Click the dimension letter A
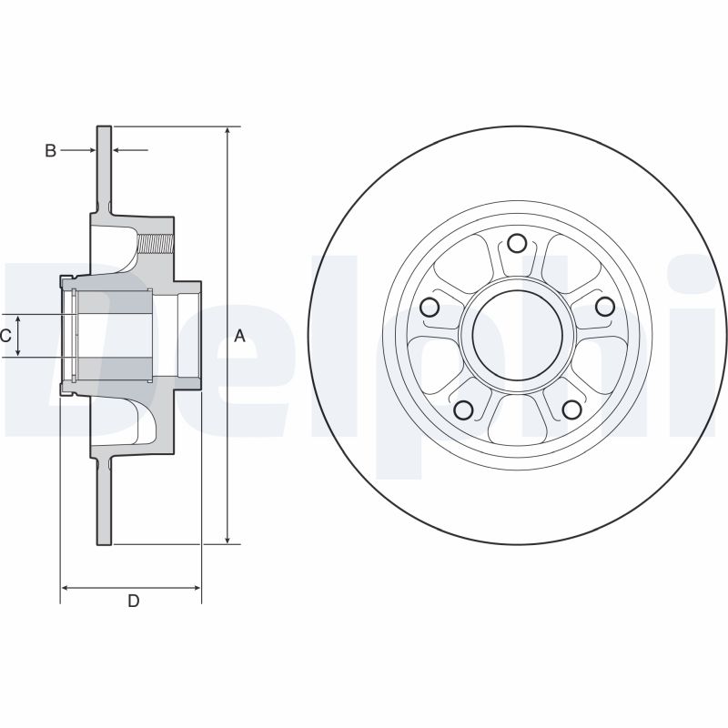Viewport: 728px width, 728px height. pos(240,336)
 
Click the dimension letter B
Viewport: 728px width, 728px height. pos(51,150)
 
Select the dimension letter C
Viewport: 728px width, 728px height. pos(5,336)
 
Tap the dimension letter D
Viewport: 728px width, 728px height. pos(133,601)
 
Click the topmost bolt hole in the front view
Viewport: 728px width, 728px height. pos(517,243)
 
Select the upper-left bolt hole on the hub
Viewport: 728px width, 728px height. pos(430,307)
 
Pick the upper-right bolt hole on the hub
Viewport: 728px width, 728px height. pos(603,307)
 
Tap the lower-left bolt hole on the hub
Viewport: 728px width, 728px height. pos(463,409)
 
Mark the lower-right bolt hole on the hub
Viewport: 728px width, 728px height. pos(571,409)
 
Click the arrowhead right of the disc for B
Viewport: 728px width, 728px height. pos(117,150)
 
